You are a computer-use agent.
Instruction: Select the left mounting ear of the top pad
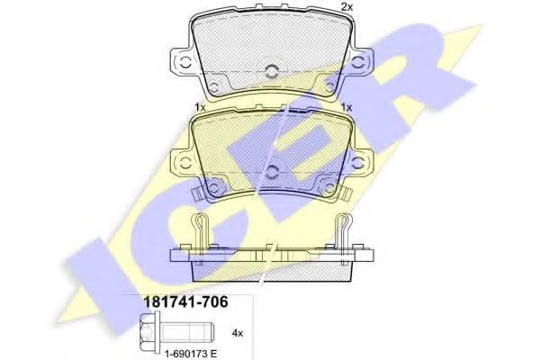click(184, 63)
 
